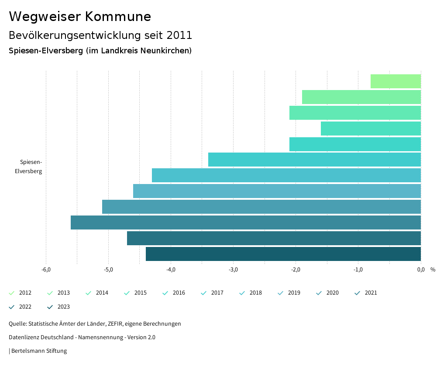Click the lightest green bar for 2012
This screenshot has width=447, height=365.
395,81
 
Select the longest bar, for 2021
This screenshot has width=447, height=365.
245,222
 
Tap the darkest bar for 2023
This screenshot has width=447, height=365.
283,254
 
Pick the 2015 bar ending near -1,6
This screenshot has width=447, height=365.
371,129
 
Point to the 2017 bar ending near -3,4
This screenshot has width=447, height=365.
314,160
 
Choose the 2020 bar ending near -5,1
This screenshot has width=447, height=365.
261,207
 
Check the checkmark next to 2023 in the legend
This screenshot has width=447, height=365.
50,307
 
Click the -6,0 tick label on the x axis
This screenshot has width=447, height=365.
46,269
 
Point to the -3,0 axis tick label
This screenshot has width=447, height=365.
233,269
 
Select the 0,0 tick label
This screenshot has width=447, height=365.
420,269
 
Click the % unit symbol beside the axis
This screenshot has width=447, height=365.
433,269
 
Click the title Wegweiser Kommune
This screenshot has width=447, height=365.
80,17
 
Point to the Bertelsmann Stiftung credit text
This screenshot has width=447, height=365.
39,351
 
